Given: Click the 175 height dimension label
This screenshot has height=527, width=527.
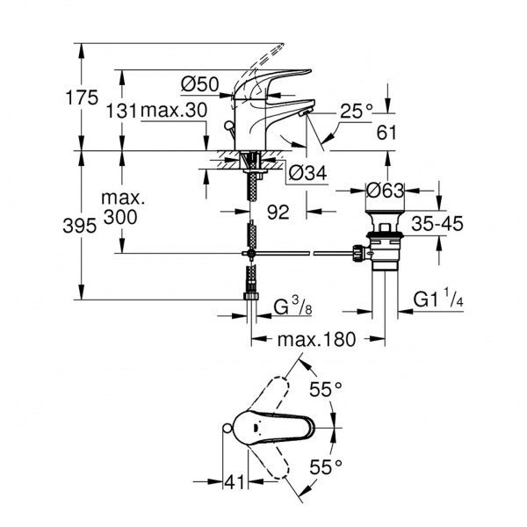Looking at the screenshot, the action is tap(82, 97).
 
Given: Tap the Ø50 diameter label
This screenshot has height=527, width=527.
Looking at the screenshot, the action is tap(199, 84).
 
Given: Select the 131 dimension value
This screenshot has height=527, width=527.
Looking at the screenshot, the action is tap(122, 111).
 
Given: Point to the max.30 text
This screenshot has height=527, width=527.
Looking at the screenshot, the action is tap(174, 111).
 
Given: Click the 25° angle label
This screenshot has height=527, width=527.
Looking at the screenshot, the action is tap(357, 112).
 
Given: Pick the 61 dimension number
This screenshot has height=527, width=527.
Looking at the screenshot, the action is tap(386, 133).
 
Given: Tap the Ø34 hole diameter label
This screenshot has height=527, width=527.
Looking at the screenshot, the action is tap(307, 173).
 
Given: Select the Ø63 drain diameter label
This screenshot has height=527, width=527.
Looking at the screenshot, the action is tap(385, 191).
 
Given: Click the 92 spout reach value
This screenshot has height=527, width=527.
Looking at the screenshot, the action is tap(278, 212).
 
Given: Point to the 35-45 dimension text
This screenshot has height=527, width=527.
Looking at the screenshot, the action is tap(437, 224).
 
